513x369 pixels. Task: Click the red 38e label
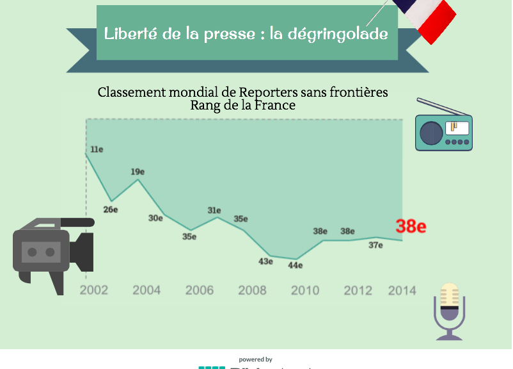point(411,226)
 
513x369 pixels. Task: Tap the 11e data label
point(97,149)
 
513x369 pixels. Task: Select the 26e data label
point(111,209)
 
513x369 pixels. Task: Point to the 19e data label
point(138,172)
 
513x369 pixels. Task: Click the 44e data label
point(295,265)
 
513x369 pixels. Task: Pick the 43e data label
point(265,261)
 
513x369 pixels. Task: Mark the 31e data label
point(214,210)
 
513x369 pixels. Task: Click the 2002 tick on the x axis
point(94,290)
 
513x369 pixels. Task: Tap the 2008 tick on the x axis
point(252,290)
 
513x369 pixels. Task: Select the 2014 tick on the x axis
point(402,290)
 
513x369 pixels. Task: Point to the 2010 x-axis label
point(305,290)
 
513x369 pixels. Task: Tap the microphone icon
point(450,311)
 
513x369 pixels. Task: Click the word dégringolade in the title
point(339,34)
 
